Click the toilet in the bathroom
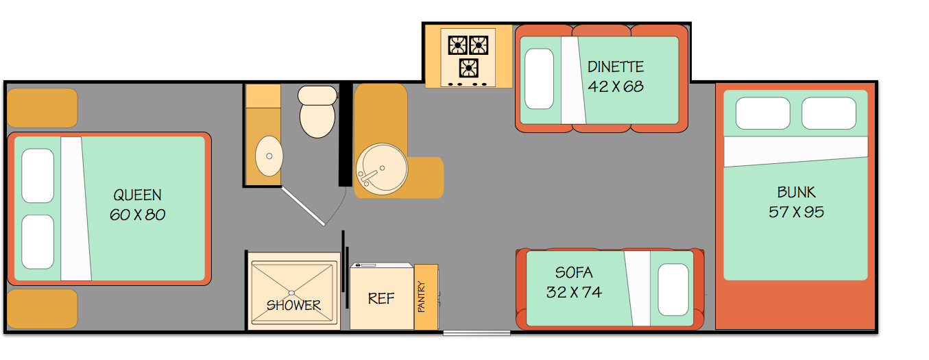coord(317,111)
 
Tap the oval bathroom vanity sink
coord(269,156)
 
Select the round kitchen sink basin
coord(382,169)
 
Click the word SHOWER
coord(293,305)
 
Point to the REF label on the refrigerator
coord(381,298)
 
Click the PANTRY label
coord(422,296)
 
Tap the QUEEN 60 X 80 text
coord(137,205)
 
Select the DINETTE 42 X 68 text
coord(616,77)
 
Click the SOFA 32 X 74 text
coord(574,283)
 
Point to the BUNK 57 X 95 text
coord(796,202)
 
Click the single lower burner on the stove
coord(469,68)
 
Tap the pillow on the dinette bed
coord(539,79)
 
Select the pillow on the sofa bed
coord(673,289)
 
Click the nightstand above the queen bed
coord(43,108)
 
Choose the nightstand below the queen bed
coord(43,309)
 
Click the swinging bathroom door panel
coord(303,206)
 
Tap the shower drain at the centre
coord(292,293)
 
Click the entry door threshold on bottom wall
coord(476,333)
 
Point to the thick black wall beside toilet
coord(346,135)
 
